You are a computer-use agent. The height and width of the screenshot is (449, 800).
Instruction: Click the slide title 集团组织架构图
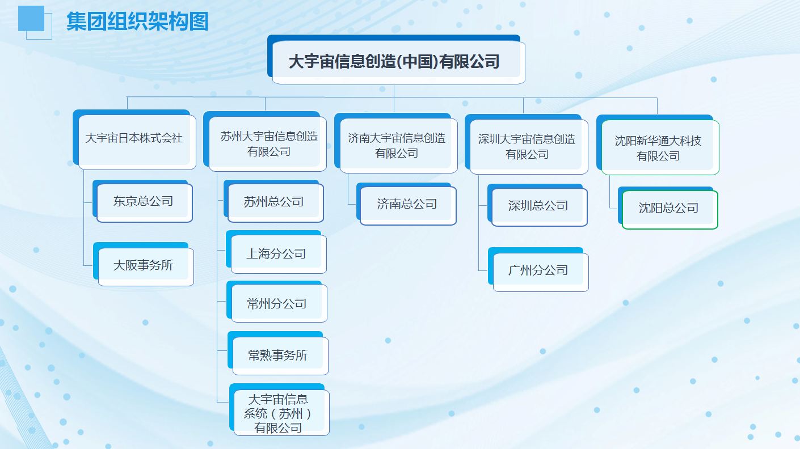(x=137, y=21)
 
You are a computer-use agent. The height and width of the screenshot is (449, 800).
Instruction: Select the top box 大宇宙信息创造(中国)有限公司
(x=396, y=60)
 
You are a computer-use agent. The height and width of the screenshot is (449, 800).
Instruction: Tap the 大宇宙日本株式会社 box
(x=134, y=139)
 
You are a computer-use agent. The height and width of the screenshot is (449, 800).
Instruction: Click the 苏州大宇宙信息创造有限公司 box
(x=265, y=141)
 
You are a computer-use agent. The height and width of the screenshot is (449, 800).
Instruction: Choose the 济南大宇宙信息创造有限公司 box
(x=396, y=143)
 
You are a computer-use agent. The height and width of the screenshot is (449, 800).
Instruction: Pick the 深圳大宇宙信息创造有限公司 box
(x=527, y=144)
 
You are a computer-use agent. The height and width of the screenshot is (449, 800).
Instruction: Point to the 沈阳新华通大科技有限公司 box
(x=658, y=145)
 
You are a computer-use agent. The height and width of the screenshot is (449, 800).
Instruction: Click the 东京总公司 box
(x=142, y=201)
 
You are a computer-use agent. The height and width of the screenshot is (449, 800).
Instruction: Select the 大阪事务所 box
(x=143, y=264)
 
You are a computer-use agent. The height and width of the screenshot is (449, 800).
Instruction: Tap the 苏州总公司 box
(x=273, y=201)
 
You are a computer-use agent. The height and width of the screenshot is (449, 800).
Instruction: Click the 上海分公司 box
(x=276, y=252)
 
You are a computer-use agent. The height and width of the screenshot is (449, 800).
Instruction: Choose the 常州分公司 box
(x=277, y=302)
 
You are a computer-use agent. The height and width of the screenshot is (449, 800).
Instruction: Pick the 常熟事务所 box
(x=278, y=353)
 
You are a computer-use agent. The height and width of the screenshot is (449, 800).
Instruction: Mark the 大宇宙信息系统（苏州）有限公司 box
(x=279, y=410)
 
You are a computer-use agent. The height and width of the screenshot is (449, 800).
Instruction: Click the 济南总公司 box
(x=406, y=204)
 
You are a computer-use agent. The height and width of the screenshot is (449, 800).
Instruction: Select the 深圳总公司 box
(x=537, y=205)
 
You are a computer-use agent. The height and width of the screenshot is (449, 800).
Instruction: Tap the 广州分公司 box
(x=538, y=269)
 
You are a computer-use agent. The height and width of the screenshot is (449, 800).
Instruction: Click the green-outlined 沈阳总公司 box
(x=668, y=207)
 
